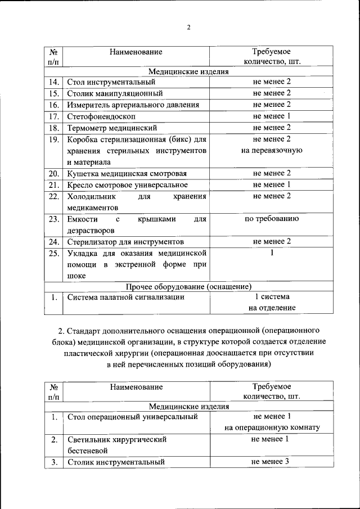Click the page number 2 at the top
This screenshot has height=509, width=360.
[189, 27]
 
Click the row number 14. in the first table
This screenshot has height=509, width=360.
[54, 82]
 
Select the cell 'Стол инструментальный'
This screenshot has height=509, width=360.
[111, 82]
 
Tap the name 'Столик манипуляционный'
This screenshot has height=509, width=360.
[115, 93]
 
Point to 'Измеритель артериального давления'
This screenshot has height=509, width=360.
[133, 105]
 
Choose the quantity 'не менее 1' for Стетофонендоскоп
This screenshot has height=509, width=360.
[272, 116]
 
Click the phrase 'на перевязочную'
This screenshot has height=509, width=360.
[272, 150]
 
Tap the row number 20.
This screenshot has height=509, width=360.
[54, 173]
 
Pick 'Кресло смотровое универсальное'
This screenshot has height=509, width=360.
[127, 184]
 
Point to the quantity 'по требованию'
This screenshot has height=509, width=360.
[272, 219]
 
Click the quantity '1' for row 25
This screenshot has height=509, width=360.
[272, 253]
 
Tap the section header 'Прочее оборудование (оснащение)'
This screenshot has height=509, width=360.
[189, 287]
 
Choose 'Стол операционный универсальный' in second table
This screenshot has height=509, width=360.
[132, 417]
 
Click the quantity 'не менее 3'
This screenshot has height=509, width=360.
[272, 462]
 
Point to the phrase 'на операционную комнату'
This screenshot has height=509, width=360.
[272, 427]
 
